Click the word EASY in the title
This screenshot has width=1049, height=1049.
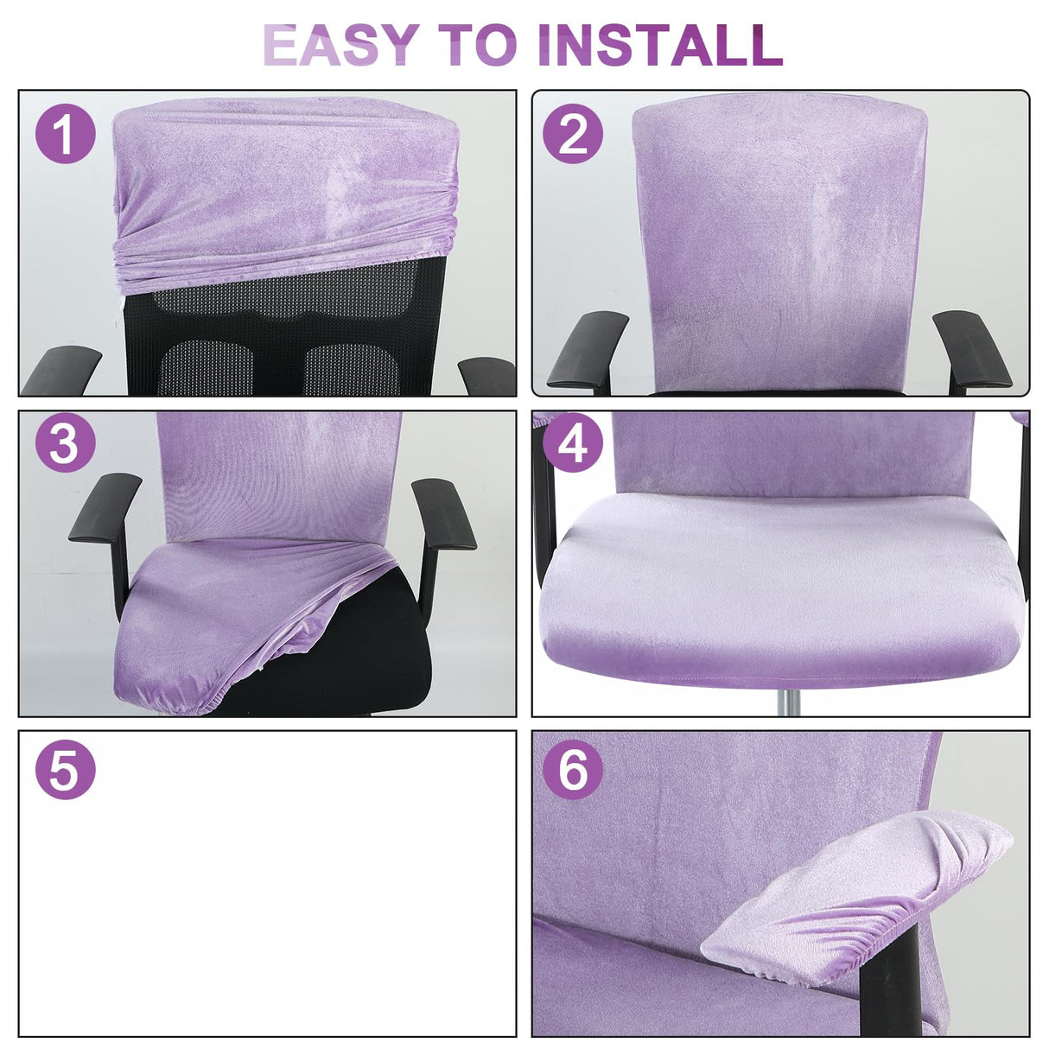click(x=341, y=44)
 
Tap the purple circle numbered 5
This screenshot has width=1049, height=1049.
click(x=65, y=770)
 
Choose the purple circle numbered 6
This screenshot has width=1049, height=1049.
click(x=572, y=770)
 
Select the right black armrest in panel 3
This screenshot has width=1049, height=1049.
click(x=443, y=514)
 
